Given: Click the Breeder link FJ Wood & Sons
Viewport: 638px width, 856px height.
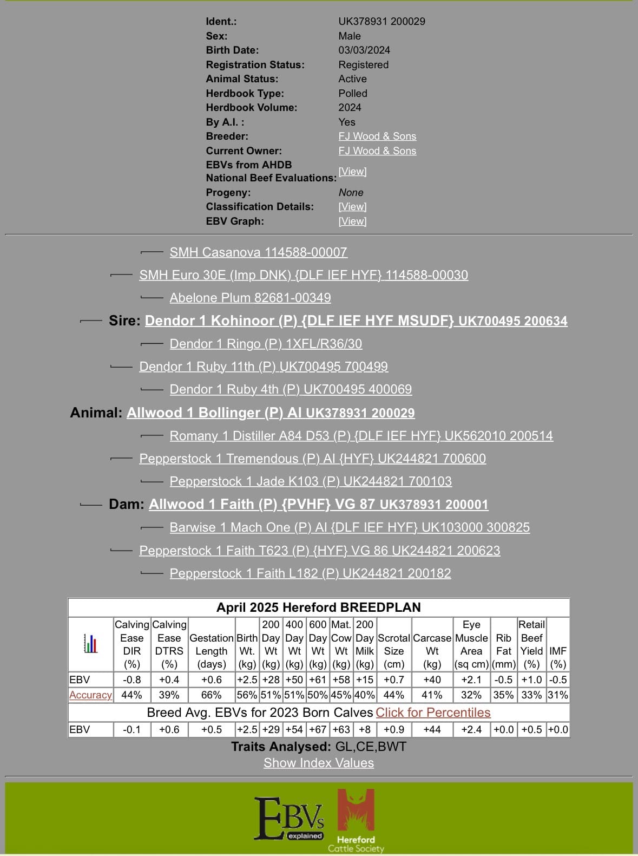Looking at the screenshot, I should pyautogui.click(x=377, y=136).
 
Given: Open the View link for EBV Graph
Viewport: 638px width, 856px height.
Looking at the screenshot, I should pyautogui.click(x=352, y=221).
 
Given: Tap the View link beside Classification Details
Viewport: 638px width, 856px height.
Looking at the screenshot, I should pyautogui.click(x=352, y=207).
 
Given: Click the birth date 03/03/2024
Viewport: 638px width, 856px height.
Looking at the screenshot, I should pyautogui.click(x=364, y=50).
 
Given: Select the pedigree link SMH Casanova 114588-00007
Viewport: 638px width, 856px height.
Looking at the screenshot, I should pyautogui.click(x=258, y=252).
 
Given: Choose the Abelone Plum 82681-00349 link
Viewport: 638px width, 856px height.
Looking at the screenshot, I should pyautogui.click(x=250, y=298).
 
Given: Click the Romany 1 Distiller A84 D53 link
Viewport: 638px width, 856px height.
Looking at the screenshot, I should pyautogui.click(x=361, y=436).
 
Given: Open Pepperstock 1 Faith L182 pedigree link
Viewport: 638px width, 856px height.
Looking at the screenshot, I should pyautogui.click(x=310, y=573).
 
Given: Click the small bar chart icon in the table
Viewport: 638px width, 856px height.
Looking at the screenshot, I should pyautogui.click(x=91, y=644).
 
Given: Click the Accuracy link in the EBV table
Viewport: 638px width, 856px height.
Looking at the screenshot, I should pyautogui.click(x=90, y=695).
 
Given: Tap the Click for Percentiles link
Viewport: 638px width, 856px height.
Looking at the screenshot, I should pyautogui.click(x=433, y=713).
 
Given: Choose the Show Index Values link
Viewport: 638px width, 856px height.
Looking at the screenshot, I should pyautogui.click(x=319, y=763).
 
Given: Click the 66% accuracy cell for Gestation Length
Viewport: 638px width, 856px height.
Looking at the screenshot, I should pyautogui.click(x=212, y=695).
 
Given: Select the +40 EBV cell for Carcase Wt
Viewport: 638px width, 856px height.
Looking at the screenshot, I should pyautogui.click(x=432, y=680).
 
